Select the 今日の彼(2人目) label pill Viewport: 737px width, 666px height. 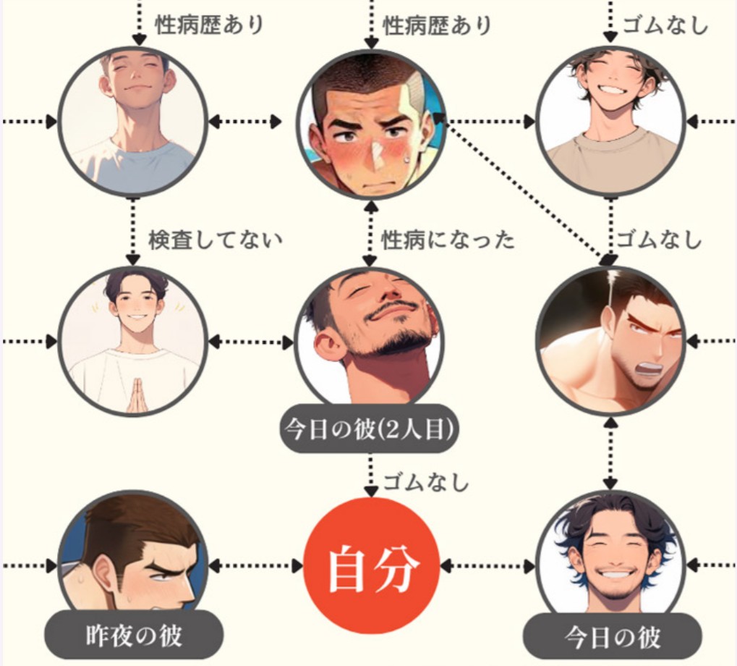(x=370, y=430)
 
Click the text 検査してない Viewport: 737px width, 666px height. (x=215, y=240)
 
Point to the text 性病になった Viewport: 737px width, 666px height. (x=448, y=240)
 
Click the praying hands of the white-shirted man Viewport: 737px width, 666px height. (x=136, y=396)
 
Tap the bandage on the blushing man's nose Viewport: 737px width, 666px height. (x=377, y=149)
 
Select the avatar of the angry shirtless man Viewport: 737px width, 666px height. (x=610, y=340)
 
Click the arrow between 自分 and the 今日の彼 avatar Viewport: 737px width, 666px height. (x=488, y=565)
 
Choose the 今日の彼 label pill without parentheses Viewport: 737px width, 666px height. (x=612, y=637)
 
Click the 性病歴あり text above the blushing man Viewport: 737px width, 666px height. (x=437, y=26)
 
